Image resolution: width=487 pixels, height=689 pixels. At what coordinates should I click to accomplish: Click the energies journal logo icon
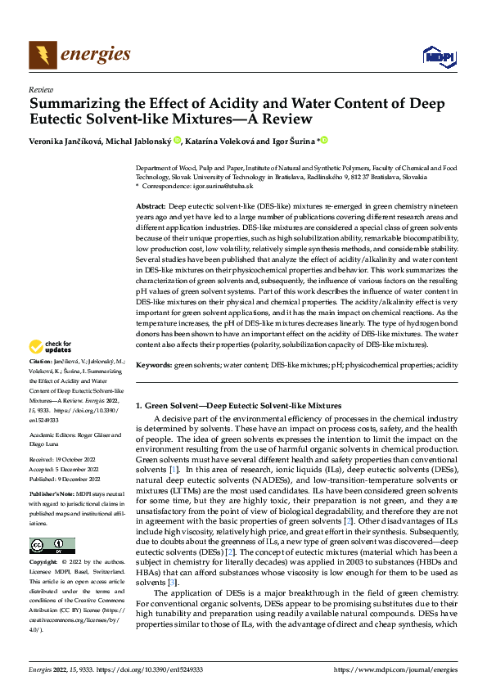41,54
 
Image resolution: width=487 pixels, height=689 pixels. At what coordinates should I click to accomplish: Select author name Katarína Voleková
235,141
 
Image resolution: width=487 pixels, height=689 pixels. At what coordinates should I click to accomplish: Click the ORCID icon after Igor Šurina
323,140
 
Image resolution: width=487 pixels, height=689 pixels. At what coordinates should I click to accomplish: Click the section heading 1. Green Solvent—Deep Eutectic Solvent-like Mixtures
238,405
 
